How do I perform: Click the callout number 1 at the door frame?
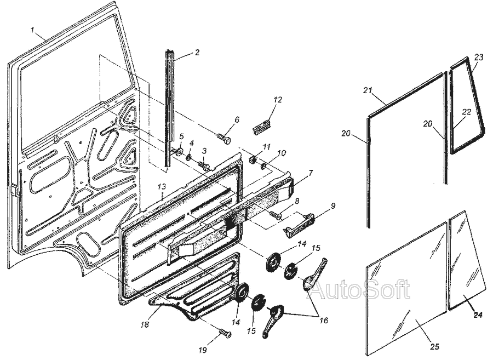click(x=32, y=31)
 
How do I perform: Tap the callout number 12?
click(x=278, y=100)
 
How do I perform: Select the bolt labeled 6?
click(x=224, y=138)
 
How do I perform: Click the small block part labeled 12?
click(x=262, y=127)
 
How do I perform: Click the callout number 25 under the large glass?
click(x=434, y=346)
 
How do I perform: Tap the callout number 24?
click(x=478, y=314)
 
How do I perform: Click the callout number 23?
click(x=479, y=57)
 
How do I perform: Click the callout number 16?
click(x=323, y=321)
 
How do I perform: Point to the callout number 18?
click(x=145, y=324)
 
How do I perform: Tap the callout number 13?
click(x=161, y=186)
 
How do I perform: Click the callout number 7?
click(x=311, y=173)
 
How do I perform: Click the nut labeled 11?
click(x=253, y=159)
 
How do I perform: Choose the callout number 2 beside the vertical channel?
click(x=197, y=52)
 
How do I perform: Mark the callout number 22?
click(x=467, y=112)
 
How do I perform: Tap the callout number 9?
click(x=333, y=206)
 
